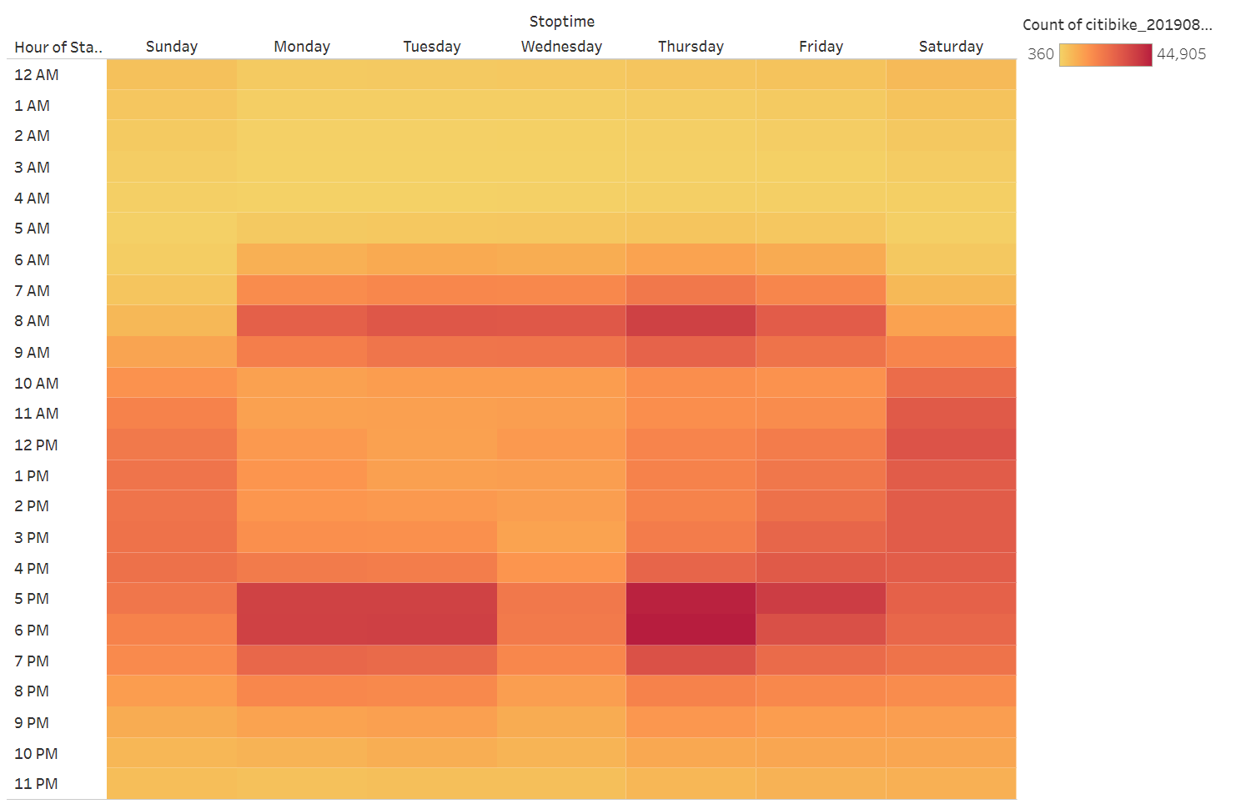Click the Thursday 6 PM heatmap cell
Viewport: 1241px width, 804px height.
pos(691,630)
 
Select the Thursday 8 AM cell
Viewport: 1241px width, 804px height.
pos(691,321)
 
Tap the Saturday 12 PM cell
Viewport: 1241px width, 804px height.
pos(951,445)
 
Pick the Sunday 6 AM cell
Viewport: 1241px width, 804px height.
pos(172,259)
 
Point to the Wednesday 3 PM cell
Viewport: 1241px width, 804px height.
pos(561,537)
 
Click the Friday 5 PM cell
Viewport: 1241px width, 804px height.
pos(821,599)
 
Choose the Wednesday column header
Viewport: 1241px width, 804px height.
pos(561,47)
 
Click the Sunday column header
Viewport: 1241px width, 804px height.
pos(172,47)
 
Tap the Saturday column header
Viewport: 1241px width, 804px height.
pos(951,47)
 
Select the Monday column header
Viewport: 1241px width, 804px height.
pos(302,47)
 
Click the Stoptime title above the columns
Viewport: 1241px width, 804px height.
pos(561,22)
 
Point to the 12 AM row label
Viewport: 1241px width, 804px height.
pos(37,75)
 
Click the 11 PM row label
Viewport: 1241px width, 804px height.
pos(37,784)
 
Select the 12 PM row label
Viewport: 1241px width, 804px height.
pos(37,445)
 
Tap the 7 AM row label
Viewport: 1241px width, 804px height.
pos(33,291)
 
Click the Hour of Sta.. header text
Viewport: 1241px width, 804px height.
pos(58,48)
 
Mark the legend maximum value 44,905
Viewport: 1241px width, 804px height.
pos(1181,54)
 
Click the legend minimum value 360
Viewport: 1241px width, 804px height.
pos(1040,54)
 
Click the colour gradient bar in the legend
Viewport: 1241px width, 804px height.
pos(1105,55)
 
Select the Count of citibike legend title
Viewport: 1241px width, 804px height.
pos(1117,25)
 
